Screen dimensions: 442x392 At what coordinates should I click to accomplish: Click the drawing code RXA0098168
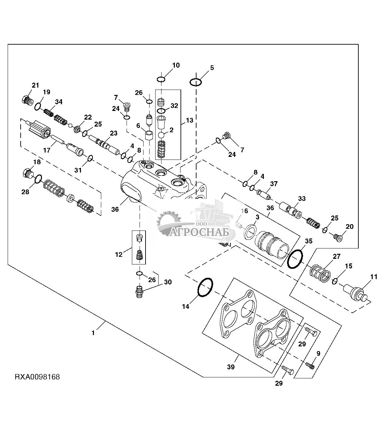37,377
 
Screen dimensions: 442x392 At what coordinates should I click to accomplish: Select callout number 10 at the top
176,65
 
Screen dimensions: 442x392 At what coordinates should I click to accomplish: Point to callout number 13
190,120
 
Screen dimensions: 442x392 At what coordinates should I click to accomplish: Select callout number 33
302,199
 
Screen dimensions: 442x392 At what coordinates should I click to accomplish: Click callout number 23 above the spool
114,133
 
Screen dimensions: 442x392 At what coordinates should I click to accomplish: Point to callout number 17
46,150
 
